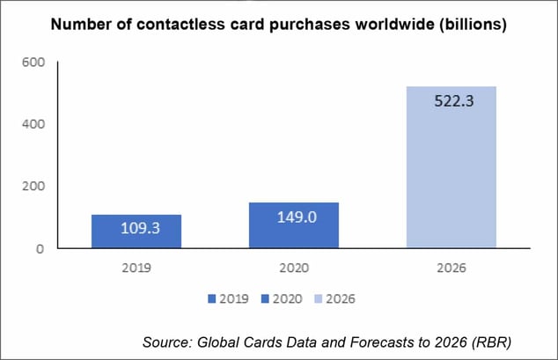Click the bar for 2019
(x=136, y=231)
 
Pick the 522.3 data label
(x=452, y=101)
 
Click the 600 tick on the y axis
(x=33, y=62)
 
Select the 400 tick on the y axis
(x=33, y=124)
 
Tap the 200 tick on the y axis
(x=33, y=187)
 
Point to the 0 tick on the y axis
(x=40, y=249)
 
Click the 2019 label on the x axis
(x=136, y=267)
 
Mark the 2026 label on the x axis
(x=452, y=267)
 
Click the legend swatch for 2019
(x=212, y=299)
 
